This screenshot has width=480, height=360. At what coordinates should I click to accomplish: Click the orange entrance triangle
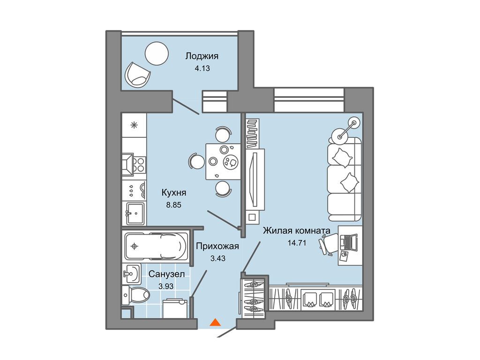coord(216,322)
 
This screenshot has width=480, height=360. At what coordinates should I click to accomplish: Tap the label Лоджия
coord(202,56)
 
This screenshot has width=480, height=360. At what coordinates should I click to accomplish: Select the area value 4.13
coord(202,68)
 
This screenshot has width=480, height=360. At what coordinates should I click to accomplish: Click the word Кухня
coord(174,193)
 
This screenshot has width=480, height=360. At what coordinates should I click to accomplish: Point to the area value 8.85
coord(173,205)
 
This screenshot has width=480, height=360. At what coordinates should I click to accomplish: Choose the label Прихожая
coord(217,246)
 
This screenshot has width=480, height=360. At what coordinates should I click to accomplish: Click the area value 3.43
coord(217,258)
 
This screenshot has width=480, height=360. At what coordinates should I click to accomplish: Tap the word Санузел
coord(166,274)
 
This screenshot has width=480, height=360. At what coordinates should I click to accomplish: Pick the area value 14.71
coord(297,243)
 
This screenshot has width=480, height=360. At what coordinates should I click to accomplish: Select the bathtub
coord(156,246)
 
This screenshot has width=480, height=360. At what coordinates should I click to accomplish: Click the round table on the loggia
coord(157,53)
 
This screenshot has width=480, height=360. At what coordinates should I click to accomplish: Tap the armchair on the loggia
coord(137,75)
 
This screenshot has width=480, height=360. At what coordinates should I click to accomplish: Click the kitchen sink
coord(135,214)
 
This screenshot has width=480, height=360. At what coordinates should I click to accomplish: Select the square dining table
coord(223,161)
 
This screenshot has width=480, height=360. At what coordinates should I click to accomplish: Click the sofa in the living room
coord(345,179)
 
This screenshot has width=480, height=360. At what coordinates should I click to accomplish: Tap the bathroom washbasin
coord(132,273)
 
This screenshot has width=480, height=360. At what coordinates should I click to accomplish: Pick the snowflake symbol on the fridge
coord(134,125)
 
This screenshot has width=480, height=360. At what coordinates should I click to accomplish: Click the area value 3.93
coord(166,286)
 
